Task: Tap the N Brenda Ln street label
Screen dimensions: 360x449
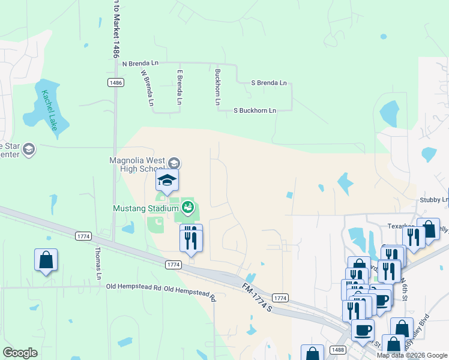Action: point(140,63)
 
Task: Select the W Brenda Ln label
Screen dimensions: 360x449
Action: point(147,88)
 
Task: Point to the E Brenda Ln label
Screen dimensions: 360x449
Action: point(179,88)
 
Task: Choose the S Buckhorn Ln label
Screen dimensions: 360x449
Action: point(255,110)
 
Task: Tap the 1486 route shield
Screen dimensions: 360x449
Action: point(116,82)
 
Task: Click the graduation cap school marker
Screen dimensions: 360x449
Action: point(167,181)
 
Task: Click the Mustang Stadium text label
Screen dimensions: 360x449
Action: point(146,208)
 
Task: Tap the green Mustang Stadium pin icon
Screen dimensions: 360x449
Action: point(188,208)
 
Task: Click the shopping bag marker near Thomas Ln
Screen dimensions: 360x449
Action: point(46,261)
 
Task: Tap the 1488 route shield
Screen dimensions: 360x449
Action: point(337,350)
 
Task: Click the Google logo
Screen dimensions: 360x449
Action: point(20,352)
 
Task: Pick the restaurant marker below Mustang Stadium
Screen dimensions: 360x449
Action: point(191,241)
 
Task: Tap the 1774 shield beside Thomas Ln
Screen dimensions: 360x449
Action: point(83,236)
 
